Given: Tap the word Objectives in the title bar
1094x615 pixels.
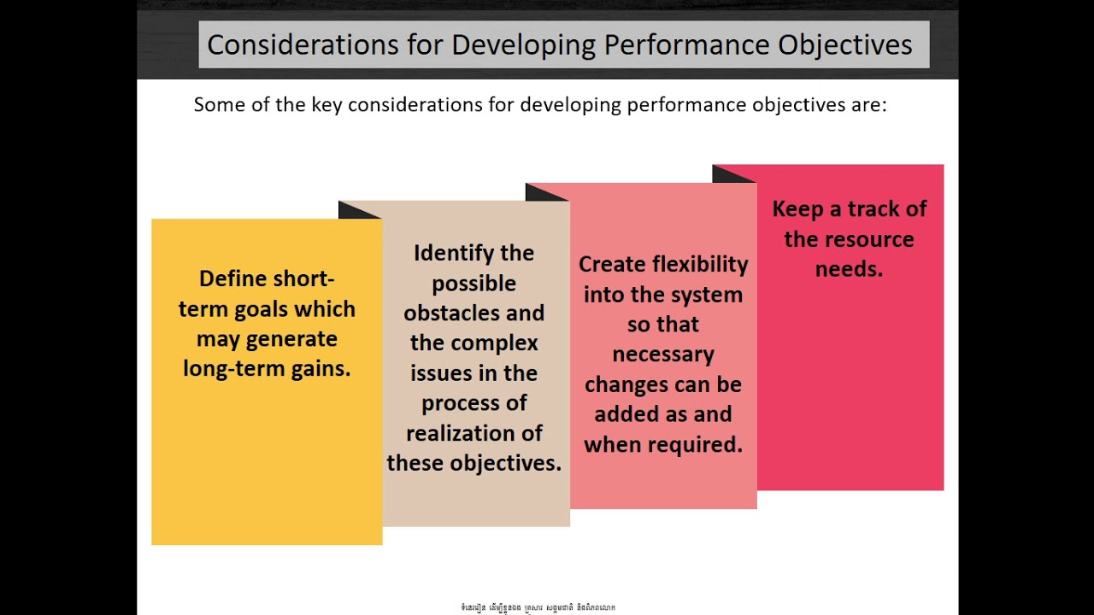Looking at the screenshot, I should coord(844,44).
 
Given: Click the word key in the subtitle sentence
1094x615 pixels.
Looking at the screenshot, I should coord(326,105).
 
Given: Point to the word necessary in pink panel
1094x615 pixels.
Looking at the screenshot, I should coord(662,354).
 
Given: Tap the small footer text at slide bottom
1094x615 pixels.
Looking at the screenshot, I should coord(538,607).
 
